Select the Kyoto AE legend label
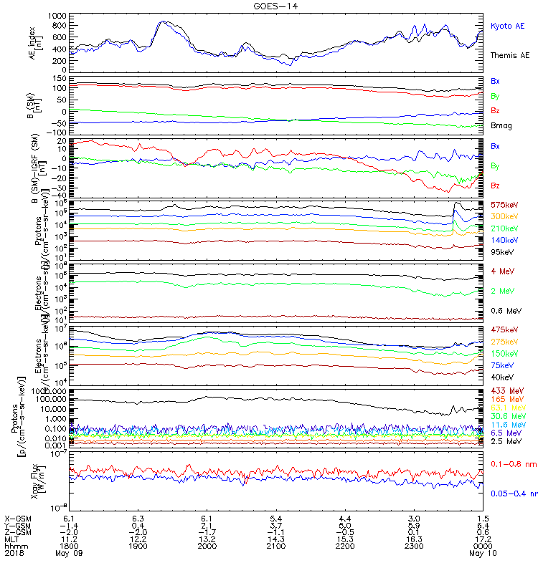pyautogui.click(x=508, y=26)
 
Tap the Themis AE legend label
pyautogui.click(x=509, y=55)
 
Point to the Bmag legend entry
pyautogui.click(x=500, y=127)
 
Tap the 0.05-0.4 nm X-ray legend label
pyautogui.click(x=512, y=493)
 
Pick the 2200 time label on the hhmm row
pyautogui.click(x=345, y=546)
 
